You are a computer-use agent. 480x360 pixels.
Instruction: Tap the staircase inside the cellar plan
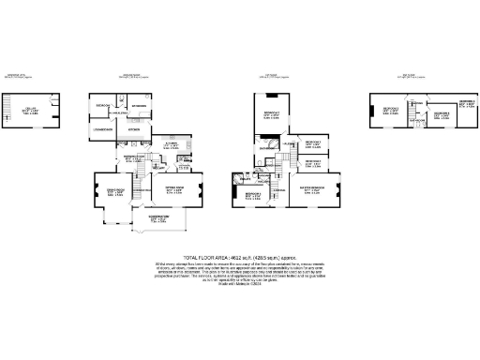52,102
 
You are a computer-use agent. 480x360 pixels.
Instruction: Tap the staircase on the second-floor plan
411,100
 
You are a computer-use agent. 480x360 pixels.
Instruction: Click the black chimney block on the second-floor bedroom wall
376,112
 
